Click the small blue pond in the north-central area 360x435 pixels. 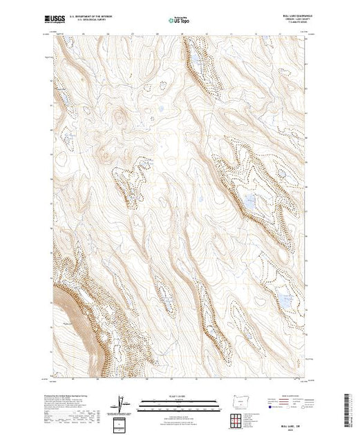click(160, 108)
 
